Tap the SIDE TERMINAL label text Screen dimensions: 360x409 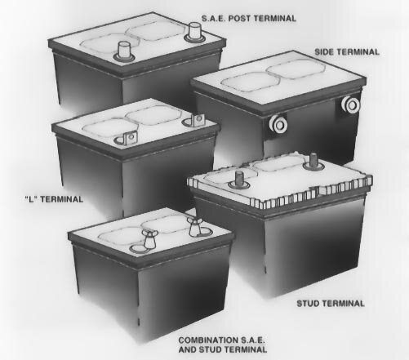tap(347, 51)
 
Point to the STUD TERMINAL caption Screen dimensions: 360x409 tap(329, 303)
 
